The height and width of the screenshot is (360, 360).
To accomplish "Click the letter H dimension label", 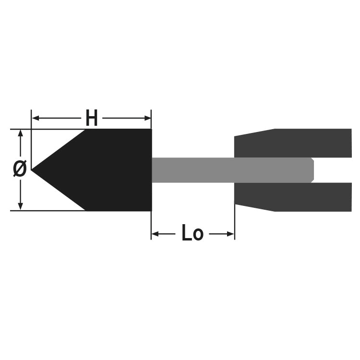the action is (92, 118).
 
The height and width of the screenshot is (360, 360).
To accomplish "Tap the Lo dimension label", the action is (192, 233).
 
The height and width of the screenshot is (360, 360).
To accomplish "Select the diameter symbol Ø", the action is (20, 169).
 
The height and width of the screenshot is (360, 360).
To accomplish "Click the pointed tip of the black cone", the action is (32, 170).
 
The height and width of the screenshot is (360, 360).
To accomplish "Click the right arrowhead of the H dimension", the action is (147, 118).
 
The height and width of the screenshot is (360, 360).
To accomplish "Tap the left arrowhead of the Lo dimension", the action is (155, 234).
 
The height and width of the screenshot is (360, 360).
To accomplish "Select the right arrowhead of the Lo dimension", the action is (230, 234).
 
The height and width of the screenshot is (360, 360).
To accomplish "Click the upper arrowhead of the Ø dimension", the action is (21, 133).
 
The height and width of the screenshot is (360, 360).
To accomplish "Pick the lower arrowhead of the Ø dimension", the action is (21, 206).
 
